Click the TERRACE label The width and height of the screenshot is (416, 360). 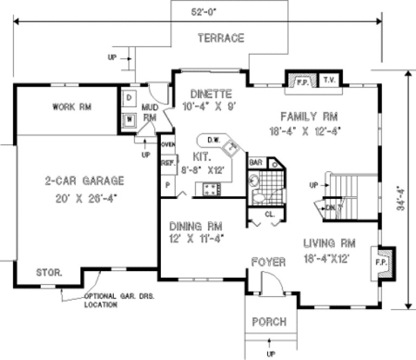[220, 38]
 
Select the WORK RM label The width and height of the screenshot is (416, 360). [71, 107]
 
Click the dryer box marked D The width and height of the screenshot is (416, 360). [129, 98]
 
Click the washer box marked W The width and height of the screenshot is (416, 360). [129, 119]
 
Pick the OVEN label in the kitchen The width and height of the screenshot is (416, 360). [167, 144]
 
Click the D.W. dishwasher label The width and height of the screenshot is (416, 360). [213, 140]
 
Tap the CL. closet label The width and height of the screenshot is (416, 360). [270, 214]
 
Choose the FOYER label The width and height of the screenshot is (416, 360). [269, 262]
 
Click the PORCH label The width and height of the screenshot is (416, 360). [269, 322]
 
